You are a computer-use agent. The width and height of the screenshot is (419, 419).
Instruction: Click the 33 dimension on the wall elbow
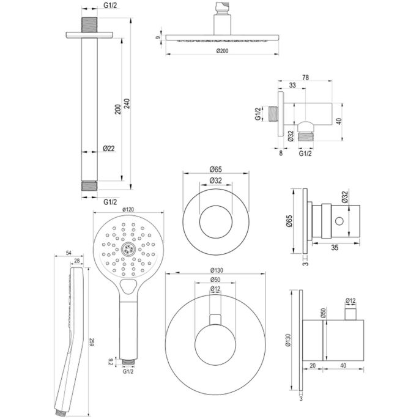pos(292,85)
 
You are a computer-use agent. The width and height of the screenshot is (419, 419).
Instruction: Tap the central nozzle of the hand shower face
pos(128,248)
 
